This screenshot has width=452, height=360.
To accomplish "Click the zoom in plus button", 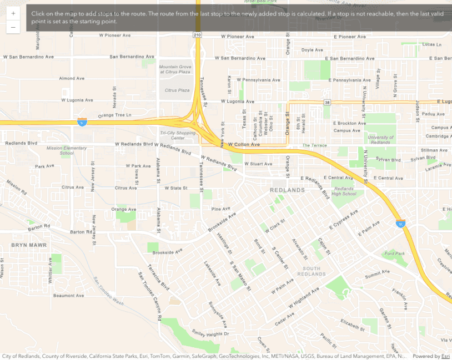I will [x=13, y=13].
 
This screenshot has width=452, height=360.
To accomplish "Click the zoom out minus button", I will [x=13, y=27].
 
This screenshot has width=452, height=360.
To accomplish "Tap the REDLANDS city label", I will [x=288, y=190].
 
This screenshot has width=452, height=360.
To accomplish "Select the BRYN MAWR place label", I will [x=29, y=245].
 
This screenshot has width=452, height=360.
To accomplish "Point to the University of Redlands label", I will [x=380, y=140].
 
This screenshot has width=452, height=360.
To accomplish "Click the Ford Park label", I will [x=395, y=253].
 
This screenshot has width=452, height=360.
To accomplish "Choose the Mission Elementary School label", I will [x=67, y=150].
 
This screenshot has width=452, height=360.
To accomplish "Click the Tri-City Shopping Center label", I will [x=178, y=135].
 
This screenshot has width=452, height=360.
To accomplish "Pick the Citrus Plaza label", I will [x=177, y=90].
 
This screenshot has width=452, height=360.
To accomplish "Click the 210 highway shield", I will [x=198, y=35].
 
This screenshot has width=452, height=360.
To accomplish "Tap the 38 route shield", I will [x=328, y=103].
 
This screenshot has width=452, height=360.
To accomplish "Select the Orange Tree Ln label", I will [x=114, y=115].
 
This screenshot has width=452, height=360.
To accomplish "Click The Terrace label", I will [x=314, y=145].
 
